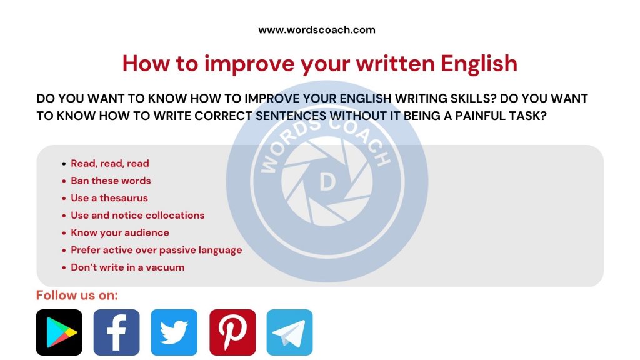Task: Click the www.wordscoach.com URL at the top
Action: [x=317, y=29]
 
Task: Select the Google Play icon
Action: [x=59, y=332]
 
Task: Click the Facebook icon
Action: [x=116, y=332]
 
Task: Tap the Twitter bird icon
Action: [x=174, y=332]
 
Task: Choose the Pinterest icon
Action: [x=232, y=332]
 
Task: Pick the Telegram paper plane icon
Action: [x=289, y=332]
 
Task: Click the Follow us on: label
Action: [x=77, y=295]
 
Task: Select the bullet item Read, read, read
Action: [x=110, y=163]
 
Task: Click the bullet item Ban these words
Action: [x=111, y=181]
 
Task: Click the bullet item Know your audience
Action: [x=120, y=232]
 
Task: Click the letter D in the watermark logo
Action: [x=327, y=181]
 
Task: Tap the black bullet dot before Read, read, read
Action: [x=64, y=164]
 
